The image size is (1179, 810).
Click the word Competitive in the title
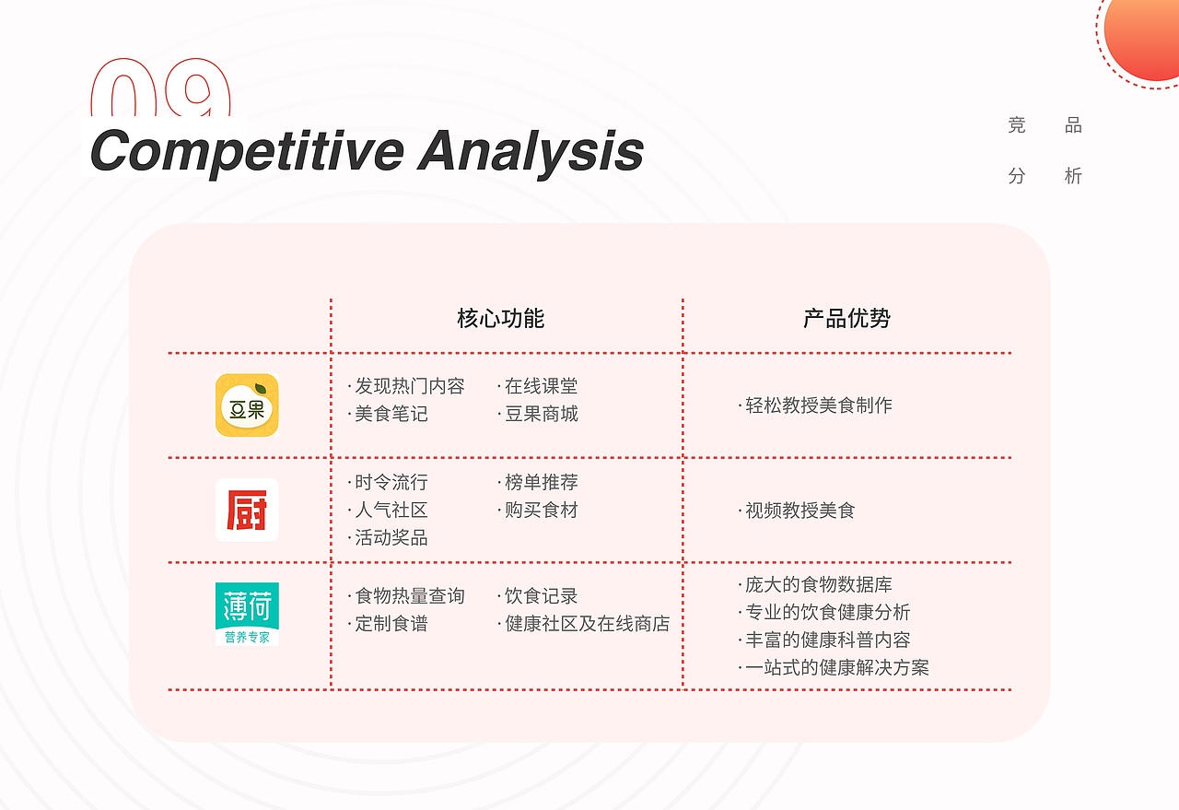pos(248,152)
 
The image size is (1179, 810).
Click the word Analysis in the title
pos(531,152)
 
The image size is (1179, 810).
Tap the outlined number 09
pos(161,87)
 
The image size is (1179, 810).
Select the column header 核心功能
pos(500,318)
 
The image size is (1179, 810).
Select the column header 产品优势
pos(846,318)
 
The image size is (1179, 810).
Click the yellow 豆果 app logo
pos(247,405)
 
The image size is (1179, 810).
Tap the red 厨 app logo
pos(247,510)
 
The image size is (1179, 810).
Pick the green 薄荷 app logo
pos(247,614)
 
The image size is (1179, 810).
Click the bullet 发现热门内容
pos(406,386)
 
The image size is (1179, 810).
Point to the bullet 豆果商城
pos(538,414)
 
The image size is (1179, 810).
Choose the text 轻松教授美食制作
pos(815,405)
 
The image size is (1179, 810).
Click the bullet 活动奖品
pos(388,538)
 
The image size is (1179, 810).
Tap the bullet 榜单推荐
pos(538,482)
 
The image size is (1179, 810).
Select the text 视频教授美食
pos(797,511)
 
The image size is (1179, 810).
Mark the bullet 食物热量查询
pos(406,595)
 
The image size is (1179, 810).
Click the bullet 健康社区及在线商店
pos(584,624)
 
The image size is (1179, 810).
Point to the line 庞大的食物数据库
pos(815,584)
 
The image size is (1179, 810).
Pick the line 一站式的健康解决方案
pos(834,668)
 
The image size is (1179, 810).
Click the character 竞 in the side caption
pos(1017,125)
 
